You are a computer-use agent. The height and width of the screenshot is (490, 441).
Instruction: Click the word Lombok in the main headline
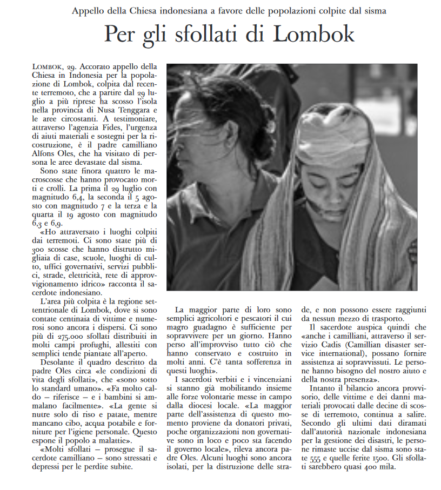(314, 35)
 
